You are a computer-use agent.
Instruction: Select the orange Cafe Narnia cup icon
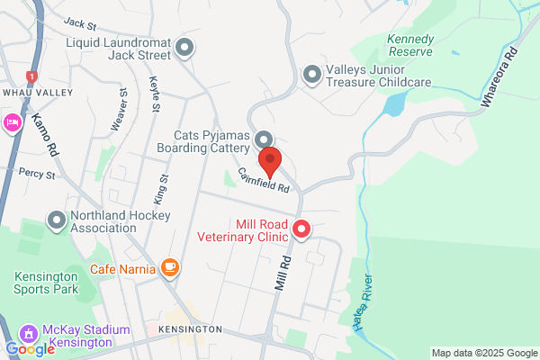[x=169, y=267]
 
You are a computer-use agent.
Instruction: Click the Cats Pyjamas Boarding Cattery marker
[x=264, y=139]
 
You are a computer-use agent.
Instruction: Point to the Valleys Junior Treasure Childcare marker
[x=312, y=75]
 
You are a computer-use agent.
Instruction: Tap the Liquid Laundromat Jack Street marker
[x=185, y=49]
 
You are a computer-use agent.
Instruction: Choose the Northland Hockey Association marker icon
[x=57, y=219]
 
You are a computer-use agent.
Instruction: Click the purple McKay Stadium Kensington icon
[x=28, y=333]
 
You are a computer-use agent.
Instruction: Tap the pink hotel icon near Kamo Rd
[x=13, y=122]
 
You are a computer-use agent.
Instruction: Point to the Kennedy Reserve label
[x=410, y=46]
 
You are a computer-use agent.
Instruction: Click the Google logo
[x=29, y=348]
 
